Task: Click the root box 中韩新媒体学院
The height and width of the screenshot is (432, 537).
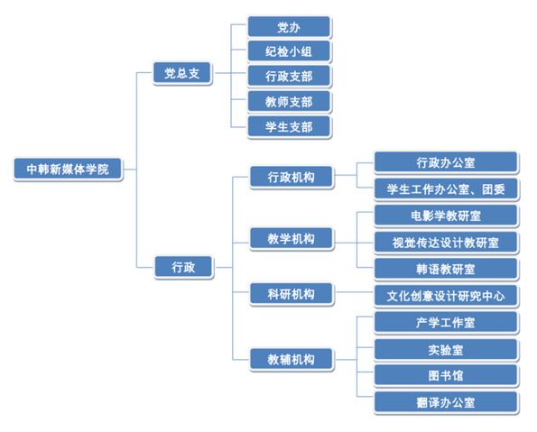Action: pyautogui.click(x=68, y=170)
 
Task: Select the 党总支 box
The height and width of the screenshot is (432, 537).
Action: pyautogui.click(x=182, y=73)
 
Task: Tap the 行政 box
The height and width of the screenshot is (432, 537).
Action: pyautogui.click(x=183, y=267)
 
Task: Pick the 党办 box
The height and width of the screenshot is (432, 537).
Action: pyautogui.click(x=289, y=27)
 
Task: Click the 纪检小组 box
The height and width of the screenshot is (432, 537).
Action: pyautogui.click(x=289, y=51)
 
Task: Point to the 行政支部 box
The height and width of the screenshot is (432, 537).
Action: pyautogui.click(x=289, y=77)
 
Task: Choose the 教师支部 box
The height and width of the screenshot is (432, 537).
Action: pyautogui.click(x=289, y=102)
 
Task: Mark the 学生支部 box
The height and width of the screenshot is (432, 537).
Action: pyautogui.click(x=289, y=127)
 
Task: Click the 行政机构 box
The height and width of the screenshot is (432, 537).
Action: pyautogui.click(x=292, y=178)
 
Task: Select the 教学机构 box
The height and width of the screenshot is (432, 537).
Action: pyautogui.click(x=292, y=239)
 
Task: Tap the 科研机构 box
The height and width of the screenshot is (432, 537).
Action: pyautogui.click(x=292, y=294)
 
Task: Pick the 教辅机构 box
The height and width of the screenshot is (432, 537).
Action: pyautogui.click(x=292, y=360)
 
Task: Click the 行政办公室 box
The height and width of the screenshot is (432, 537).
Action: pyautogui.click(x=446, y=162)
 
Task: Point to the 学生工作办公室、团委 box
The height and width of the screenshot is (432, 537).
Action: pyautogui.click(x=446, y=189)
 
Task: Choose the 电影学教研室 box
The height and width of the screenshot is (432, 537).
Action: pyautogui.click(x=446, y=216)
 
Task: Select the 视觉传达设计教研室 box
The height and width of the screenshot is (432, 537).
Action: pyautogui.click(x=446, y=243)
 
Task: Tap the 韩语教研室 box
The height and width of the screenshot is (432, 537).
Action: pyautogui.click(x=446, y=270)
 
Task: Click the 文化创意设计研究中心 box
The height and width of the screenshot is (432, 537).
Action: pyautogui.click(x=446, y=296)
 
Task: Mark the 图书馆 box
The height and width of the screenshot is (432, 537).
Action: pyautogui.click(x=446, y=376)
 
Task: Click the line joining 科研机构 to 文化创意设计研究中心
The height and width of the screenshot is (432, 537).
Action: pyautogui.click(x=354, y=292)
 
